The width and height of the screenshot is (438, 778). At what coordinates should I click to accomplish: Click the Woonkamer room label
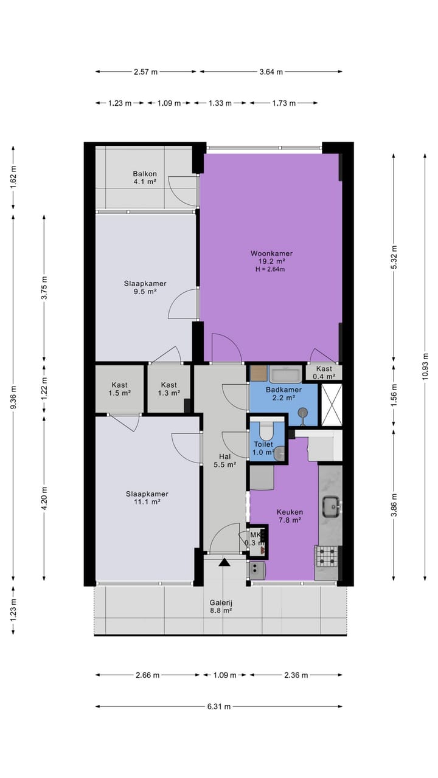271,253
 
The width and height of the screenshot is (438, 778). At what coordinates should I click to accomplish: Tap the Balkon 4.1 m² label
145,177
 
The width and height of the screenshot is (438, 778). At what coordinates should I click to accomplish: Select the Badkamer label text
283,390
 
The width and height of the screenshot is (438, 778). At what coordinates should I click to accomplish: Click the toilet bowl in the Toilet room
267,430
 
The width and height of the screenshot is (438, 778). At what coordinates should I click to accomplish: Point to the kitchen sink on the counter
330,507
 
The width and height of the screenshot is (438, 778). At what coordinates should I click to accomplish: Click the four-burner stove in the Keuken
327,556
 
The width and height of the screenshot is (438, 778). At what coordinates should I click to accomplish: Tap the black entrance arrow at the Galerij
224,562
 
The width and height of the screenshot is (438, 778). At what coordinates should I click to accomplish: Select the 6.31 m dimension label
219,706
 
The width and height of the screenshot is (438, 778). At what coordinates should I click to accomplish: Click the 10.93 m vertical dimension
425,366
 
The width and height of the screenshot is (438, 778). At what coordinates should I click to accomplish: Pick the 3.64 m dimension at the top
271,72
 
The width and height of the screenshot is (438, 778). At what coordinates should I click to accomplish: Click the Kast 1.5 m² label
120,389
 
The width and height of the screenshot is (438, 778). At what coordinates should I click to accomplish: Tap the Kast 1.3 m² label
169,389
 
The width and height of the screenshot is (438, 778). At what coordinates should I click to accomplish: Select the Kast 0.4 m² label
324,373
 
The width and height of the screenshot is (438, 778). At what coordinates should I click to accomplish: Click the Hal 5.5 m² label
225,461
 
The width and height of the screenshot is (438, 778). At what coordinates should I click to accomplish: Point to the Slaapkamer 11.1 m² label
147,498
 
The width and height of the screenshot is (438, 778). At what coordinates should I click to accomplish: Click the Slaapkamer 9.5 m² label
145,287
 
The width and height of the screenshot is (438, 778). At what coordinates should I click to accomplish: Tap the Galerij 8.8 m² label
221,607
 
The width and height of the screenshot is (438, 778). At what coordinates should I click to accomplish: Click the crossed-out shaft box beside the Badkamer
332,405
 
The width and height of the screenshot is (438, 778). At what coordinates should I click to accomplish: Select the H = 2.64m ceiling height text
271,269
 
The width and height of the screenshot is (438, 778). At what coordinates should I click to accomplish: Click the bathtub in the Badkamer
286,374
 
